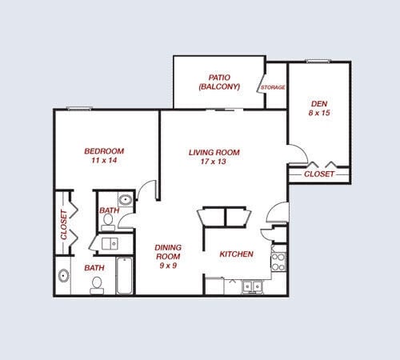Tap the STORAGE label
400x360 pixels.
pos(272,87)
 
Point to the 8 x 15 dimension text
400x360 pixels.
pos(318,114)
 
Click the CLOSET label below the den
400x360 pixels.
pos(319,173)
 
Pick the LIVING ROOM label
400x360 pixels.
pos(214,152)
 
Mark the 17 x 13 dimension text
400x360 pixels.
pos(214,162)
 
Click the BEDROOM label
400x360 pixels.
pos(104,151)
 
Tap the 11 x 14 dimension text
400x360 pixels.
pos(104,161)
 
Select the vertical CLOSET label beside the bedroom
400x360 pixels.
pos(64,225)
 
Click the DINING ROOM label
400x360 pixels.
pos(167,252)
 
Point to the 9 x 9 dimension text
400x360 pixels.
pos(167,266)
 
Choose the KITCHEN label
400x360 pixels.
pos(237,254)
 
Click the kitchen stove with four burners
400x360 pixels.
pos(278,260)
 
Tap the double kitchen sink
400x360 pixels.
pos(254,286)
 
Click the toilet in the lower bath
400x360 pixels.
pos(97,282)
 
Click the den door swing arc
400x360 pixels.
pos(297,155)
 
